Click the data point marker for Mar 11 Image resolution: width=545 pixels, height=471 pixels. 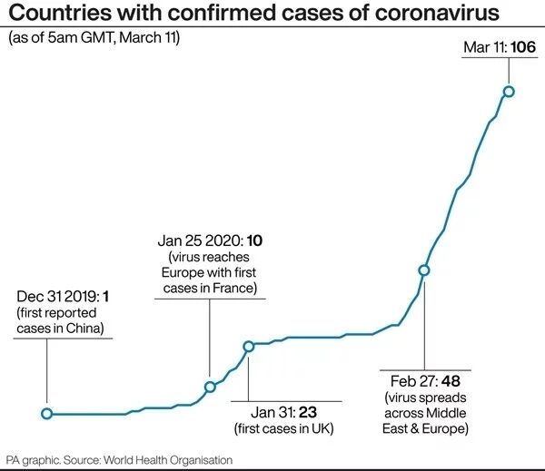509,91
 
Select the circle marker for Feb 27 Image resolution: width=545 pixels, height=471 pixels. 423,270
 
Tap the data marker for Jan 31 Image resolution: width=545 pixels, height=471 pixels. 248,346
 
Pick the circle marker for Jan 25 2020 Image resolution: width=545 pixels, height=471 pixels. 210,387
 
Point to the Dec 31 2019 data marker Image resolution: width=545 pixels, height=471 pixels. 47,414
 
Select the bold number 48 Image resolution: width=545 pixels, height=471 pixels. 451,380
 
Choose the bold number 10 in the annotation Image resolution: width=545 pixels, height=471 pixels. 254,240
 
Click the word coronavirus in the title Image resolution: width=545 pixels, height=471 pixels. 423,14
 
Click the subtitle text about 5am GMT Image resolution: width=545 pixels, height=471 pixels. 94,38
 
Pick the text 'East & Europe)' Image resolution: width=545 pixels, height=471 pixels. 426,427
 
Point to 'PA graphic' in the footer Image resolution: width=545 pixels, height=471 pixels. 35,460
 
